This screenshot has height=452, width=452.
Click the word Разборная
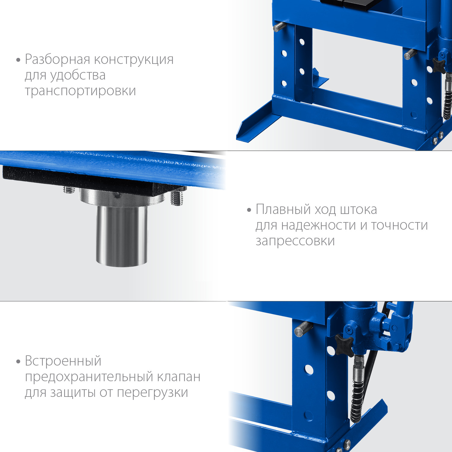(58, 60)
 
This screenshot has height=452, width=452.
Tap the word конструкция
(134, 60)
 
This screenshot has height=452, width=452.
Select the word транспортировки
(80, 91)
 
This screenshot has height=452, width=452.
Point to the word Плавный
(283, 209)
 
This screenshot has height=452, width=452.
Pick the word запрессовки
(295, 241)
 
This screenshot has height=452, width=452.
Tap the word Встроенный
(63, 361)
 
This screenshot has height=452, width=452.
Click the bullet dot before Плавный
(249, 210)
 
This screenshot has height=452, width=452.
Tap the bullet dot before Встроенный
(18, 361)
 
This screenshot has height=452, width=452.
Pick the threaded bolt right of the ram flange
(177, 198)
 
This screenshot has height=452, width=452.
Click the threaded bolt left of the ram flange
(69, 190)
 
